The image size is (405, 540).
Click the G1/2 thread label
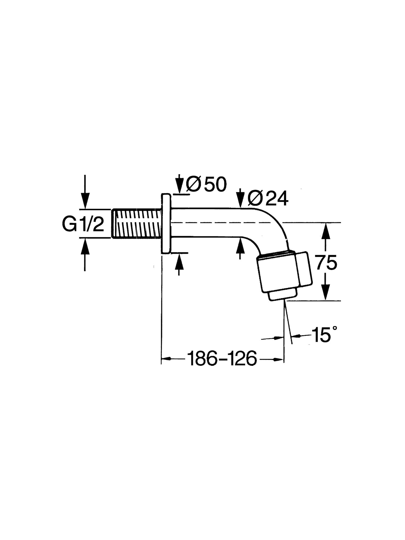[x=83, y=224]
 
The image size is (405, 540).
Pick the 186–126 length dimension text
[x=222, y=359]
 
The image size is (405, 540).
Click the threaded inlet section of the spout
[x=137, y=223]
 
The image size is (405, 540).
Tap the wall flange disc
[x=166, y=223]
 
